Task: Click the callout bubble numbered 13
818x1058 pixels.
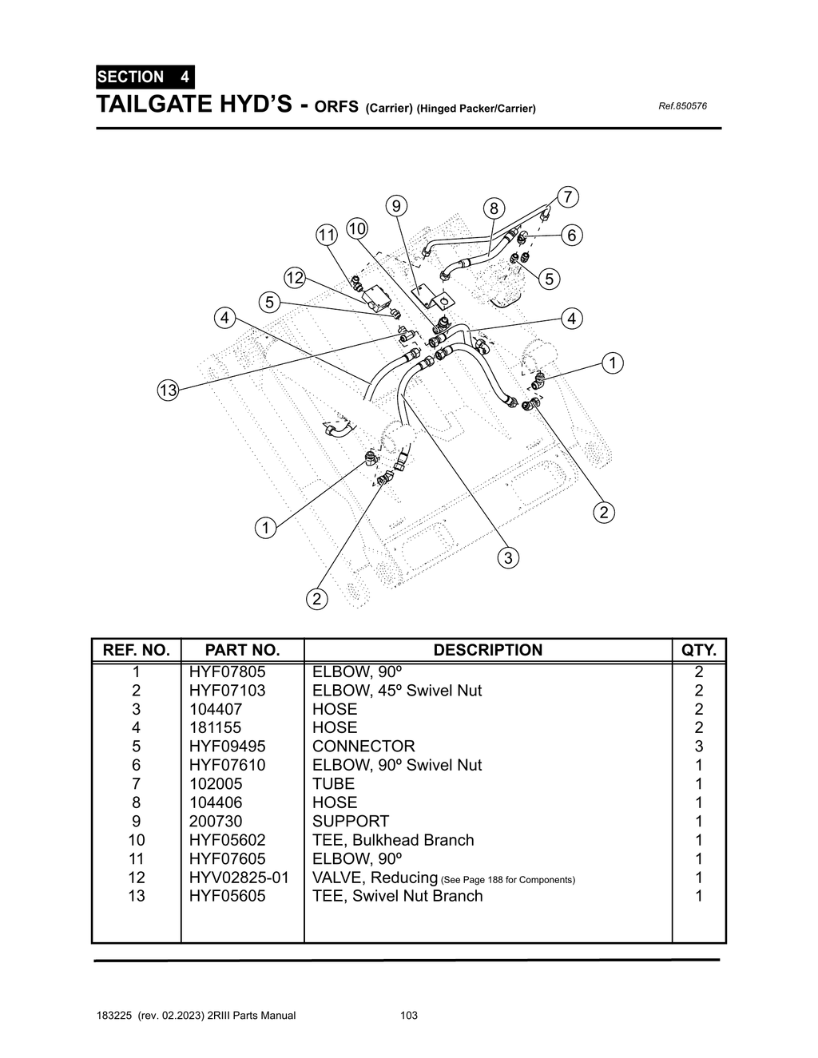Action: [167, 390]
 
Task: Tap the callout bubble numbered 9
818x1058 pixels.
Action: [395, 205]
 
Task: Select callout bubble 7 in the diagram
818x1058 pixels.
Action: [566, 196]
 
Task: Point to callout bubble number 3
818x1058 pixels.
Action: [508, 557]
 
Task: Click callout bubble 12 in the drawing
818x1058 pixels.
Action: [295, 278]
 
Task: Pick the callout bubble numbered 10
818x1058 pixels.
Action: [356, 229]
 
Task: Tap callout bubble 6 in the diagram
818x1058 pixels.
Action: [572, 236]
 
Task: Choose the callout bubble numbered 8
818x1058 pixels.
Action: [494, 209]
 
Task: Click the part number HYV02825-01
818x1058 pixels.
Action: [239, 878]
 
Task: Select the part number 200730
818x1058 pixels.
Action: [216, 821]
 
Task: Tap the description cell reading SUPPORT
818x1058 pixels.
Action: [351, 821]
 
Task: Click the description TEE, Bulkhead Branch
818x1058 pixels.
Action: [393, 840]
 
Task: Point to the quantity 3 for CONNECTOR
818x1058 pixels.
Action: [699, 747]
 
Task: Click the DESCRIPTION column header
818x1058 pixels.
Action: [487, 650]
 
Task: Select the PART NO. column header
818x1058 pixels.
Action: [242, 650]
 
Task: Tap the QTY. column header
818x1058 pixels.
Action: [699, 650]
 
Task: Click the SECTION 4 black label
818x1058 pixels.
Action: [144, 77]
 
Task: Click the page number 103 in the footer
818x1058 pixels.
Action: [409, 1016]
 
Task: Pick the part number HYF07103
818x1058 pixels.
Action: [227, 691]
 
